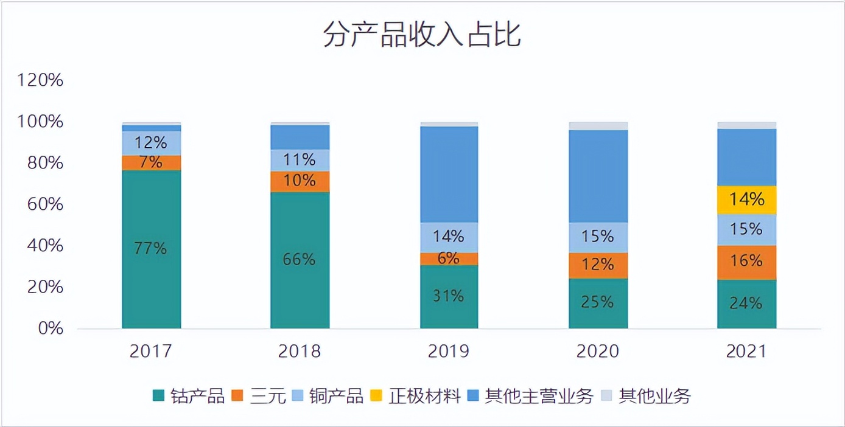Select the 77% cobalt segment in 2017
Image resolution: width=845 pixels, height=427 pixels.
tap(152, 249)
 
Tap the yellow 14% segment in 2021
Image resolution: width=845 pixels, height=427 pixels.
tap(746, 200)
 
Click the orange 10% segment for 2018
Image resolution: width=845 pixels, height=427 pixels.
tap(300, 181)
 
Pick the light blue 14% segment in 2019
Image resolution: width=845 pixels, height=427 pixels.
tap(449, 237)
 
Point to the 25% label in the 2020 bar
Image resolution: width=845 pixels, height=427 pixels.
tap(598, 302)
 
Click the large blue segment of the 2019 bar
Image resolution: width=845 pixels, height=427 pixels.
tap(449, 174)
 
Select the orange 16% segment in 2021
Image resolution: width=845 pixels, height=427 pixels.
tap(746, 262)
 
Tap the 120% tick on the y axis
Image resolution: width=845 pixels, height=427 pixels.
tap(41, 80)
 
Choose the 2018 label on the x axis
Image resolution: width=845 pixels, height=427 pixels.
tap(300, 352)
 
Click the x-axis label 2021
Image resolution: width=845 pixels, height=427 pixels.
tap(746, 352)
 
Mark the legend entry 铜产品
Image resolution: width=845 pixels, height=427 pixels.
tap(326, 397)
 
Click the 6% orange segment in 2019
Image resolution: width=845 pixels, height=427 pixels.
tap(449, 259)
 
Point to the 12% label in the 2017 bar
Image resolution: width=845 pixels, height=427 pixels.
tap(151, 142)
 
